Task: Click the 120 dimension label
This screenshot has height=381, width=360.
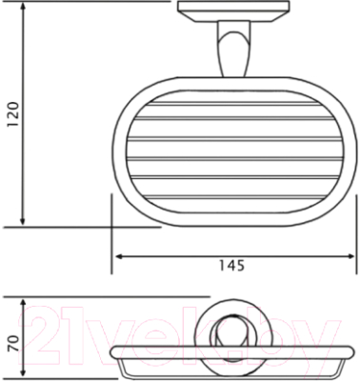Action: pyautogui.click(x=13, y=114)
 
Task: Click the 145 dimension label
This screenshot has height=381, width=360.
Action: pyautogui.click(x=232, y=266)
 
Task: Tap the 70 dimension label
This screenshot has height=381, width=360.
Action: pyautogui.click(x=13, y=344)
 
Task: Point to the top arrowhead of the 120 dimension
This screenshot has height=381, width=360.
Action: pyautogui.click(x=23, y=7)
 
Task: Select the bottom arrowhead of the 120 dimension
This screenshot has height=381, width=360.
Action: pyautogui.click(x=23, y=221)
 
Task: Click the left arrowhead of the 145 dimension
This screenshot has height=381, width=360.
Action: pyautogui.click(x=120, y=256)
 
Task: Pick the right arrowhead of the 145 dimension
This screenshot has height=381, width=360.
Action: pyautogui.click(x=350, y=256)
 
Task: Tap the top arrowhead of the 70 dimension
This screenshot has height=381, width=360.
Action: pyautogui.click(x=23, y=304)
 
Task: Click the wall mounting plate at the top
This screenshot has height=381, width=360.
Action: pyautogui.click(x=233, y=11)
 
